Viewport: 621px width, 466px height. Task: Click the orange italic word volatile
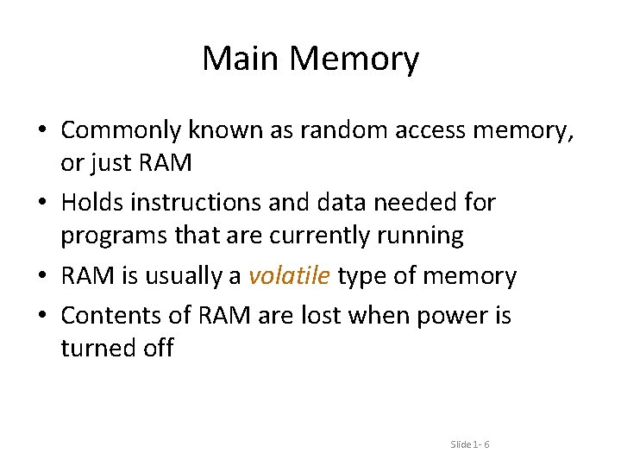point(289,276)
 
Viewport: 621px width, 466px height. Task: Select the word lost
point(317,316)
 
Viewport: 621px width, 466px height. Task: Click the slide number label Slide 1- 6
point(470,444)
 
